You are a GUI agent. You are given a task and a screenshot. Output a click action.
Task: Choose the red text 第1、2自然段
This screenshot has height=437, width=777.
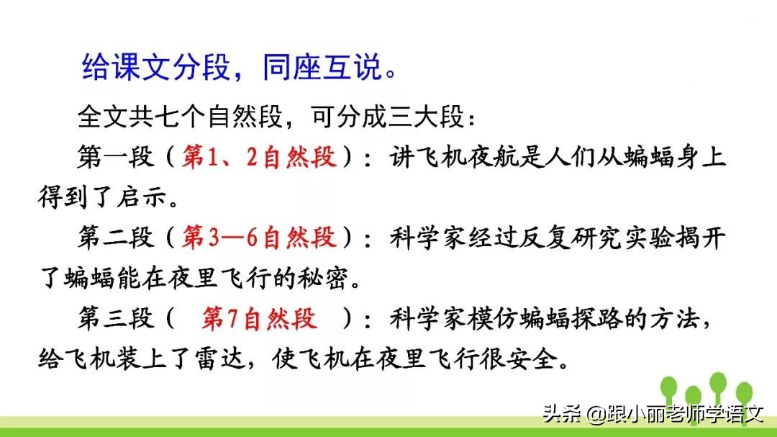tap(259, 157)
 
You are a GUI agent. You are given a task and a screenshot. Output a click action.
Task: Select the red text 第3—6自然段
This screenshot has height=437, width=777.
tap(259, 238)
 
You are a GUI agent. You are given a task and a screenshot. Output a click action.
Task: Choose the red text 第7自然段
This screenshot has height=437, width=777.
tap(259, 318)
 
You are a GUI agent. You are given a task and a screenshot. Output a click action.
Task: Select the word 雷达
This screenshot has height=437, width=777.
tap(259, 359)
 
